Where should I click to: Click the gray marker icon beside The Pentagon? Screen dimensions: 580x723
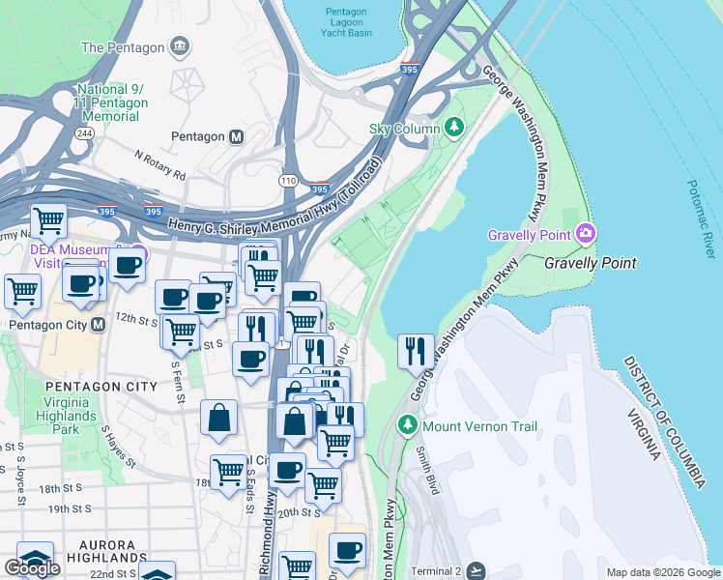click(x=179, y=46)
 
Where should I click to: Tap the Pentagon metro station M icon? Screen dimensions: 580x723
click(x=236, y=137)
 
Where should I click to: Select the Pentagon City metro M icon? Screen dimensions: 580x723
click(x=98, y=325)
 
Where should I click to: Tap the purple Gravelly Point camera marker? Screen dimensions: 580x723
click(x=585, y=234)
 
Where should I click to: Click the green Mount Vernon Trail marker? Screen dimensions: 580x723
click(x=408, y=424)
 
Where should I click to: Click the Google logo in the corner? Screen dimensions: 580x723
click(x=32, y=567)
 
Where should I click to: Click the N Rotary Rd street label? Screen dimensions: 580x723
click(x=160, y=165)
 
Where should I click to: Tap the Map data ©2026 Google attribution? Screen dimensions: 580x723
click(x=663, y=572)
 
